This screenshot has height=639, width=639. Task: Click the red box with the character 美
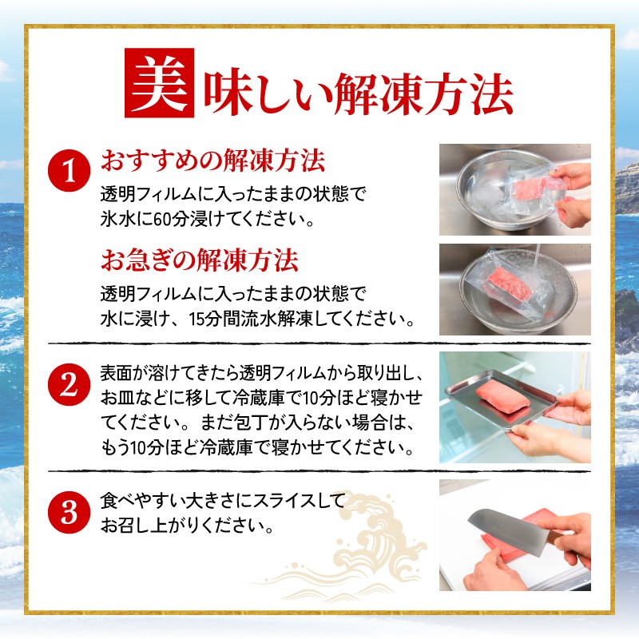[x=159, y=83]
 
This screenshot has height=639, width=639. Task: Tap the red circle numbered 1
[x=69, y=170]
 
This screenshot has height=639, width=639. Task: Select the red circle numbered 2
[x=69, y=384]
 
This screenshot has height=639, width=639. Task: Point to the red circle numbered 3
[x=69, y=512]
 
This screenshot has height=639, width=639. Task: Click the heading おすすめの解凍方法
[x=212, y=161]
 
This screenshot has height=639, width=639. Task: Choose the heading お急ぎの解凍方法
[x=200, y=260]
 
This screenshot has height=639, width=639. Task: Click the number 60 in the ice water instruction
[x=163, y=220]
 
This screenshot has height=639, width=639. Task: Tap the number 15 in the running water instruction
[x=196, y=319]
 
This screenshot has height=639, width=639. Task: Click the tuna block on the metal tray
[x=503, y=396]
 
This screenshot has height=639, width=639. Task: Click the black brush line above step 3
[x=319, y=471]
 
